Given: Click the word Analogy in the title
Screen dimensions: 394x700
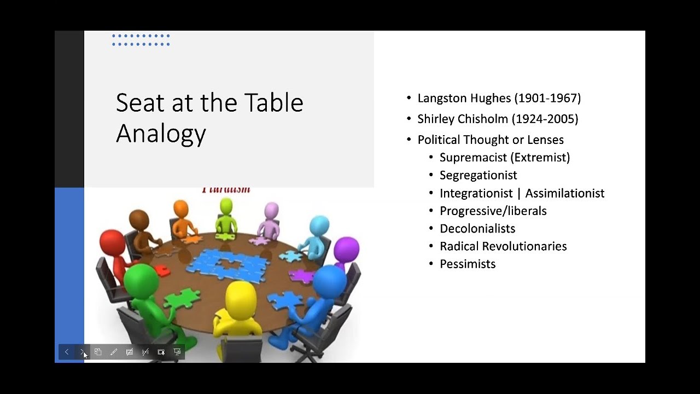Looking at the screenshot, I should [x=161, y=133].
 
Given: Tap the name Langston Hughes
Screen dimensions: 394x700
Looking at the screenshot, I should [x=464, y=99].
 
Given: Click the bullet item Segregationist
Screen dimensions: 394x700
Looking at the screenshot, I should [x=478, y=175].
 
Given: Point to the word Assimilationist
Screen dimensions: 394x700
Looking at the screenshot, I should [x=565, y=193].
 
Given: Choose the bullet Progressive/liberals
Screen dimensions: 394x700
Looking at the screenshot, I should [x=493, y=211].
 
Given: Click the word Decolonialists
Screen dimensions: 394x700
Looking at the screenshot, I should [x=477, y=228].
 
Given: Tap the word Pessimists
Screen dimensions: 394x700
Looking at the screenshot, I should [x=468, y=264].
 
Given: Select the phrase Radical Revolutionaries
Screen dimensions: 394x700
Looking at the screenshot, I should [x=503, y=246].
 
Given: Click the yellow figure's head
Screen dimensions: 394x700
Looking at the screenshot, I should [x=241, y=298].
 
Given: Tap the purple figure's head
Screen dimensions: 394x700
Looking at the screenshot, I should [x=346, y=250].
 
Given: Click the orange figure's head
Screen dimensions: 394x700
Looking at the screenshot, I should [x=180, y=209].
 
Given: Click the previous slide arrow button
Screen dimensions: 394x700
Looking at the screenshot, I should [x=67, y=352].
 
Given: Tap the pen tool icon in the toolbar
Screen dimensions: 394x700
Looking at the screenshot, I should [x=114, y=352].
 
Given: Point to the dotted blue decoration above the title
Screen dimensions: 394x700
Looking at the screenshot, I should [x=141, y=40].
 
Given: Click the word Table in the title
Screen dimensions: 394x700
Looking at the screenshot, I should [x=273, y=103].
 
